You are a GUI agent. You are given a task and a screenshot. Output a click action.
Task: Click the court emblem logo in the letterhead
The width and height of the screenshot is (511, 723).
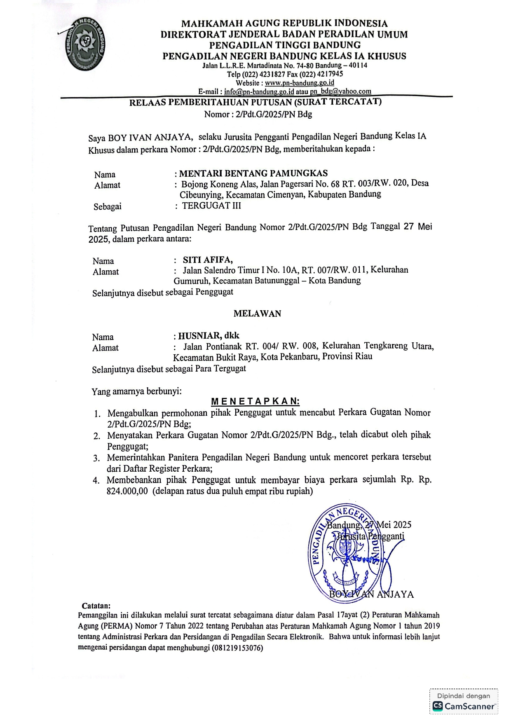[x=86, y=44]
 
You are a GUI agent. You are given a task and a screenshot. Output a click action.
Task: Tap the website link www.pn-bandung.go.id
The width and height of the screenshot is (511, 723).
[x=299, y=82]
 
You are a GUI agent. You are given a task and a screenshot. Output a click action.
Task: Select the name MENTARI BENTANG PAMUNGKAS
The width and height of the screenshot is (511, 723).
[x=253, y=173]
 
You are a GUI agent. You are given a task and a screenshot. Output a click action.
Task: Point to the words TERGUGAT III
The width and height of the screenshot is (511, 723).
[x=211, y=206]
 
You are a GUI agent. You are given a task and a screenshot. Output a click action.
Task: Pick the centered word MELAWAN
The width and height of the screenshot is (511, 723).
[x=257, y=314]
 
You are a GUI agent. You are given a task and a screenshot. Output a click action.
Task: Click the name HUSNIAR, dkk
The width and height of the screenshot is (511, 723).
[x=209, y=336]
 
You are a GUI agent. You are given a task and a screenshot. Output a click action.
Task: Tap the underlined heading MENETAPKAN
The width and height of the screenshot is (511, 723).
[x=255, y=401]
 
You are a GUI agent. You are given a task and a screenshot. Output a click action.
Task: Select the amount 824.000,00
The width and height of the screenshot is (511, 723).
[x=127, y=491]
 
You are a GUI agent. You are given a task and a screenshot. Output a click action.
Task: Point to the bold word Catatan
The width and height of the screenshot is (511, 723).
[x=96, y=606]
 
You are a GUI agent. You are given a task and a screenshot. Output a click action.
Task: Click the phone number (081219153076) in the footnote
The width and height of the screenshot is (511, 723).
[x=237, y=647]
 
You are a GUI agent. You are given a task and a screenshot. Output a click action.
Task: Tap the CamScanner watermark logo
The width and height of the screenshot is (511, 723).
[x=464, y=706]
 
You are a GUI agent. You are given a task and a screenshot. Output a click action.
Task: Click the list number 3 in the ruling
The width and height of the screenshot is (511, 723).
[x=96, y=458]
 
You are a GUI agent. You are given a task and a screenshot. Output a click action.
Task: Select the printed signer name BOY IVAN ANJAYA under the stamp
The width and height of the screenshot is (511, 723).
[x=371, y=594]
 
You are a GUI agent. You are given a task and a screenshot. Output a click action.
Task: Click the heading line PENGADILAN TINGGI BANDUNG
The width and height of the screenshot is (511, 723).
[x=285, y=45]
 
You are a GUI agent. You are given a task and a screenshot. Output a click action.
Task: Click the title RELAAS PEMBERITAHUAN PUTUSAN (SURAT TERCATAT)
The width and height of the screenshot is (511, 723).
[x=255, y=102]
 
